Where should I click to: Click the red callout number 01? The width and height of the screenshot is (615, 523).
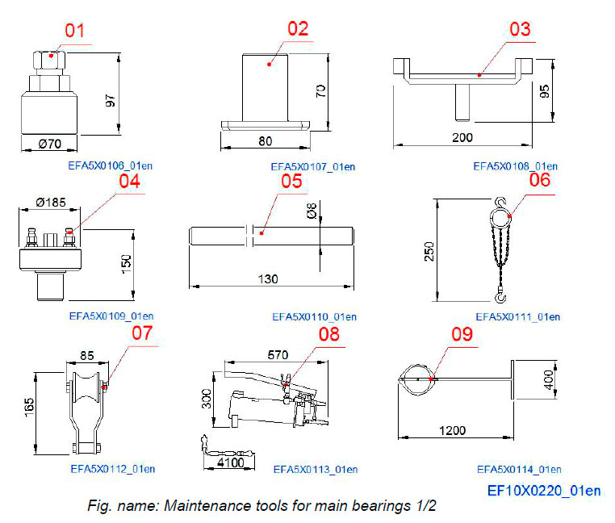pos(74,31)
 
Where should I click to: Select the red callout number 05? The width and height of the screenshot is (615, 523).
pos(291,181)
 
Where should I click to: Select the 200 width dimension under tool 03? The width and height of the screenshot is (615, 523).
pos(462,137)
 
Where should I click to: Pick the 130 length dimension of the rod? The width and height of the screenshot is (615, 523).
pos(268,278)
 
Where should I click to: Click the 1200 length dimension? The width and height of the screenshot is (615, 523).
pos(452,430)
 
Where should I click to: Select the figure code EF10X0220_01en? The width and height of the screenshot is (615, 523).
pos(544,490)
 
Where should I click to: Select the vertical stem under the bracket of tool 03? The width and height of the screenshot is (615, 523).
pos(459,100)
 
